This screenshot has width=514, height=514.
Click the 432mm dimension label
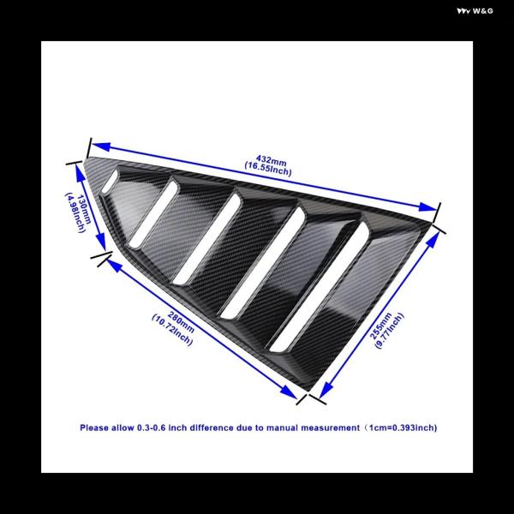(x=271, y=161)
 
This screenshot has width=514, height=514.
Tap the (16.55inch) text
(x=268, y=169)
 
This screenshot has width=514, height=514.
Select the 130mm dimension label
(x=84, y=210)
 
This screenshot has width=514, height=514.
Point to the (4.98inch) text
(x=75, y=212)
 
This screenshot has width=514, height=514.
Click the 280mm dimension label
(x=181, y=322)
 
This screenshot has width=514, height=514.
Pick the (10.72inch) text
(x=172, y=330)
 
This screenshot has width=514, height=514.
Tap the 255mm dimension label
(x=380, y=326)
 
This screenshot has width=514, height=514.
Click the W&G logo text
(x=475, y=11)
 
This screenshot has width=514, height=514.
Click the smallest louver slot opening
(x=110, y=182)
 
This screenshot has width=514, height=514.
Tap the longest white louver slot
(x=320, y=287)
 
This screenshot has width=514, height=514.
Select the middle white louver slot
(x=206, y=239)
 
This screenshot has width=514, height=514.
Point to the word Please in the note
(x=94, y=427)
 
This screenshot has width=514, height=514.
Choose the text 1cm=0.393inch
(x=402, y=427)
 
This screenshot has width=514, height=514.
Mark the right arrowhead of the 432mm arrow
(x=428, y=207)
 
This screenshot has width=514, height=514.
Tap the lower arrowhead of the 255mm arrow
(x=326, y=390)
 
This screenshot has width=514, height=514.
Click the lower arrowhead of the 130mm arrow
(x=102, y=243)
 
